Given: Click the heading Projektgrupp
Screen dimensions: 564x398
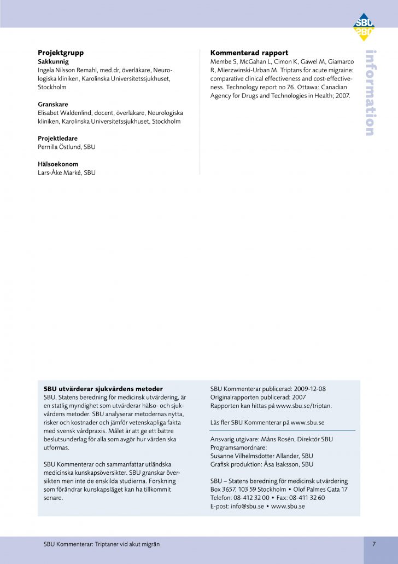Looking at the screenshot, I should point(61,53).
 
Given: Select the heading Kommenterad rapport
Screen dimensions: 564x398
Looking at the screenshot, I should point(249,53).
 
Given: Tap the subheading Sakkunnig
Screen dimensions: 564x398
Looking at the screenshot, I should point(53,62).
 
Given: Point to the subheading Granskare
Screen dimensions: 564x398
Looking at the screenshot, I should point(53,104).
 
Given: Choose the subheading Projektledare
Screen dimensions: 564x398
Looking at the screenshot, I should point(57,139).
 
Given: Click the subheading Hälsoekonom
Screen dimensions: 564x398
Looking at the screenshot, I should point(58,164).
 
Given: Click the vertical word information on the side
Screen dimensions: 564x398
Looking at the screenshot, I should point(370,93).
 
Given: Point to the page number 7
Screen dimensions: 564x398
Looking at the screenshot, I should point(374,544).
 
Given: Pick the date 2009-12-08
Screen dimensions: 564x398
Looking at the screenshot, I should point(307,389).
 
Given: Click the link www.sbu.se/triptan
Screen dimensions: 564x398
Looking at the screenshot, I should point(303,406).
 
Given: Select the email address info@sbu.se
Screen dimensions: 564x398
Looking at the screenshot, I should point(245,507).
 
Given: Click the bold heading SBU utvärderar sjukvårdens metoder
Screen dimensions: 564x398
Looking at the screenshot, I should point(103,389).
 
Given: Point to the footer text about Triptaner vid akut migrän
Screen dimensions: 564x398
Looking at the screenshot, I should point(102,544).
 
